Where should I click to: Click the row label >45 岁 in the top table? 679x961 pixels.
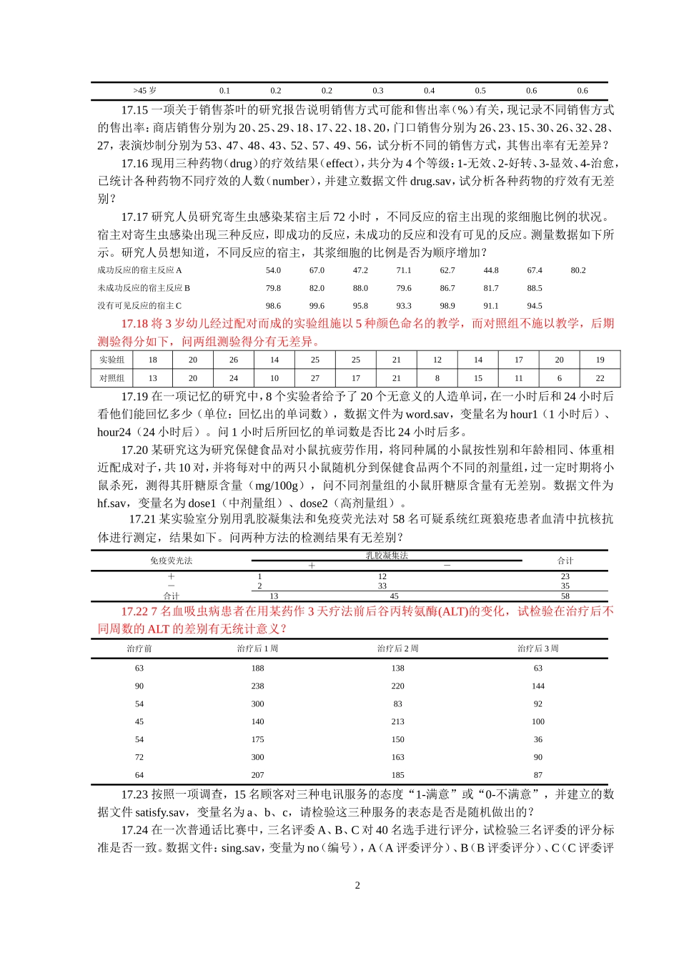(x=144, y=91)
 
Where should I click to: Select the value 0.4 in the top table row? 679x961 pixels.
(x=429, y=91)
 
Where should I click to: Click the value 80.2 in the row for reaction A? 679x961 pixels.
(x=578, y=270)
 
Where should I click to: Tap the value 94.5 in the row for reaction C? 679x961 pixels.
(x=535, y=306)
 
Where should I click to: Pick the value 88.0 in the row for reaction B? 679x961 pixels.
(x=360, y=288)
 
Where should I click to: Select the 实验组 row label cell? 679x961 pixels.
(x=112, y=360)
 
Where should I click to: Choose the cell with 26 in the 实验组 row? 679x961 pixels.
(x=234, y=360)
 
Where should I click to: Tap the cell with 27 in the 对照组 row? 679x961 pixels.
(x=315, y=378)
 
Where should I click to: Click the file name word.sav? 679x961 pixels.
(x=428, y=414)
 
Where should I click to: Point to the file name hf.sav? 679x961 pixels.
(x=112, y=503)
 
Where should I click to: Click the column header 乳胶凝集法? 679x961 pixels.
(x=387, y=556)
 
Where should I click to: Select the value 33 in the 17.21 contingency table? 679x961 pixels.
(x=382, y=586)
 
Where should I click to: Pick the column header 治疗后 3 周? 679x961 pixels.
(x=538, y=649)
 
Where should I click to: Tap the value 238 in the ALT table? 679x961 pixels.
(x=258, y=686)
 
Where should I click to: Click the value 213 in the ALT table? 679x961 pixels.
(x=398, y=721)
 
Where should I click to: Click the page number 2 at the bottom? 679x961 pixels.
(x=357, y=885)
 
